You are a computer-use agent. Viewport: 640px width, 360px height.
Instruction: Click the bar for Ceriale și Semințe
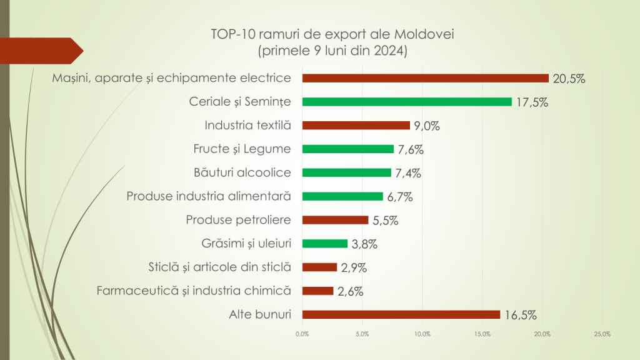tap(406, 102)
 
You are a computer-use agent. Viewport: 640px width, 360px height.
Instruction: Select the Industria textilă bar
tap(356, 125)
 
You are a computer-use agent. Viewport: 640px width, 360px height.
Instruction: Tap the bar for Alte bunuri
tap(401, 314)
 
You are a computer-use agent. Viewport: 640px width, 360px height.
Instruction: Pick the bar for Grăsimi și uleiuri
tap(324, 244)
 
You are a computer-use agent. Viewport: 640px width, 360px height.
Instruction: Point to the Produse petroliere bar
tap(335, 220)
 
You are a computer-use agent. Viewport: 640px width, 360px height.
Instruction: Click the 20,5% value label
tap(568, 79)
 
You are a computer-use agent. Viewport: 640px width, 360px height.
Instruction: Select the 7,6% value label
tap(410, 149)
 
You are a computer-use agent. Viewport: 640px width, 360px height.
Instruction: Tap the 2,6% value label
tap(350, 291)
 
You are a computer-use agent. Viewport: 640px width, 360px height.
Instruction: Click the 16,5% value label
tap(519, 315)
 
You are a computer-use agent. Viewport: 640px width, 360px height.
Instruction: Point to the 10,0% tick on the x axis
tap(422, 334)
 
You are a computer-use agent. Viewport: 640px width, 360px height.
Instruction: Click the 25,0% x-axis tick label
tap(602, 334)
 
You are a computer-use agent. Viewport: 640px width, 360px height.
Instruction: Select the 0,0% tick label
tap(302, 334)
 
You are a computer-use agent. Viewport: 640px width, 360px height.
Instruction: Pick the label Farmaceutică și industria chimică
tap(194, 291)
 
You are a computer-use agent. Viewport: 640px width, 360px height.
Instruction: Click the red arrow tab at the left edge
tap(41, 51)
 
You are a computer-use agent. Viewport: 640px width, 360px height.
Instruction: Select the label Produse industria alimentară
tap(209, 196)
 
